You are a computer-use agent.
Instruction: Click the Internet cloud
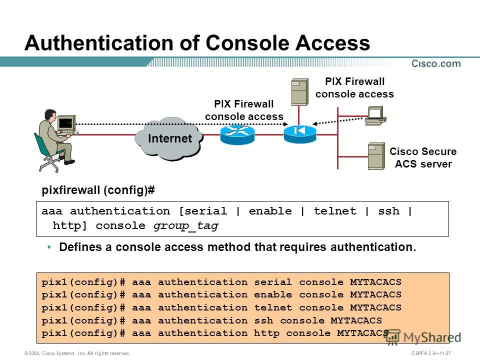[x=169, y=139]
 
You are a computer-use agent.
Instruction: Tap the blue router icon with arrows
[x=237, y=134]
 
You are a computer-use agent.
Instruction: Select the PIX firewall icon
[x=299, y=134]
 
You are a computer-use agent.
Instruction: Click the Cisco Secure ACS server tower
[x=376, y=156]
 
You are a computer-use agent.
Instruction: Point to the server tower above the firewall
[x=299, y=92]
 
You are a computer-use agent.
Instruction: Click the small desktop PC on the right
[x=375, y=115]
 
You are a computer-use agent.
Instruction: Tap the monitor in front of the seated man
[x=66, y=123]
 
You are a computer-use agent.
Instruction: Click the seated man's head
[x=50, y=115]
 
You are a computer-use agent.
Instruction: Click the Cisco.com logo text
[x=436, y=63]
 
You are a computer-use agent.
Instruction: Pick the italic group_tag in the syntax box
[x=186, y=226]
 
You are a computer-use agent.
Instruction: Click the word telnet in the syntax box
[x=335, y=211]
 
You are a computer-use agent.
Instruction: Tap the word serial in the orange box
[x=273, y=282]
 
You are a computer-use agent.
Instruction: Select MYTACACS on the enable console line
[x=375, y=294]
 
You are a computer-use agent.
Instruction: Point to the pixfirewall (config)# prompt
[x=98, y=190]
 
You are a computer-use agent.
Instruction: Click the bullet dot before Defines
[x=49, y=246]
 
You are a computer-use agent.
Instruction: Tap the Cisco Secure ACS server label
[x=423, y=157]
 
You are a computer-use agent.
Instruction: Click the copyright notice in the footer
[x=77, y=353]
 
